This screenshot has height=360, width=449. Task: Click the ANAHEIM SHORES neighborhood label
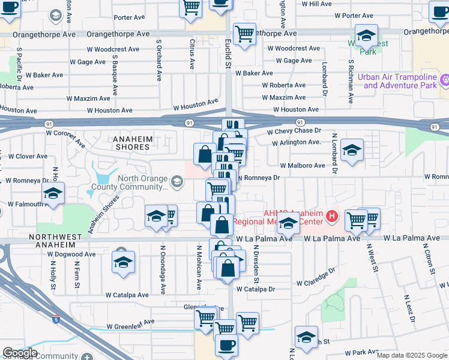(x=131, y=143)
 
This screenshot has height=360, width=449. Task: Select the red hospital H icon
(x=331, y=215)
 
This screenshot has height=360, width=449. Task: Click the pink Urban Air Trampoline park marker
(x=445, y=80)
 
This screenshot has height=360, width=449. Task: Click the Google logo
(x=20, y=353)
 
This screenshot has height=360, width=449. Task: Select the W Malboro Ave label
(x=302, y=166)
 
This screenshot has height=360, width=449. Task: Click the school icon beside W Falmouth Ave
(x=53, y=193)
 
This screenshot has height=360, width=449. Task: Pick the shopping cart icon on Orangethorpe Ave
(x=244, y=34)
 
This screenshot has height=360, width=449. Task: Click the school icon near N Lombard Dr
(x=351, y=150)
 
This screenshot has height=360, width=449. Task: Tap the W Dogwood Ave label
(x=71, y=254)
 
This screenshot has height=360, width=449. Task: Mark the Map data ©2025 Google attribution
(x=412, y=355)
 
